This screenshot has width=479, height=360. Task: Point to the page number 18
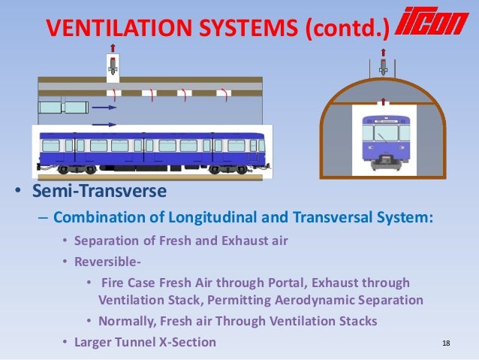(446, 343)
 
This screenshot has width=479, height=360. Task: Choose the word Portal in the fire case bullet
(291, 283)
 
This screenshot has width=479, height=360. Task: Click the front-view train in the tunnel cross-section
(384, 140)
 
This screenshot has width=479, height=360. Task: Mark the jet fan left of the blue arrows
(62, 107)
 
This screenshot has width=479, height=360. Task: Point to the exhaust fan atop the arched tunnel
(383, 68)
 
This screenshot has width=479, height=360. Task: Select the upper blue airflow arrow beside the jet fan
(104, 107)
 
